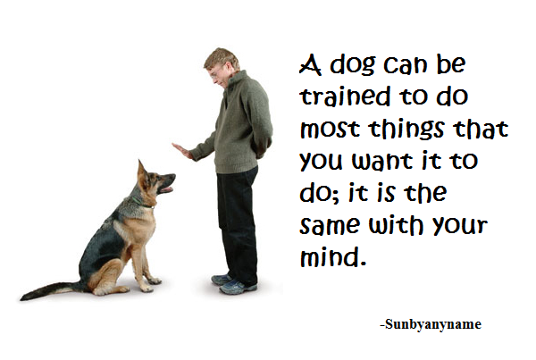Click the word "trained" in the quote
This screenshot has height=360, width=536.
[x=345, y=96]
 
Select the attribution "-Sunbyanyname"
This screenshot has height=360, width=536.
[x=431, y=324]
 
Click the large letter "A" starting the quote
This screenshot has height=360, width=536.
[x=310, y=64]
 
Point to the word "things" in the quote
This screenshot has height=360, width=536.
[x=406, y=130]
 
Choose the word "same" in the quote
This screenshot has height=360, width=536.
[x=331, y=226]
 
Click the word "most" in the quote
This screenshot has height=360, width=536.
[x=330, y=129]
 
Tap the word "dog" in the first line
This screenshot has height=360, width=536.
[x=353, y=66]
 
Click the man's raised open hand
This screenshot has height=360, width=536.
[x=183, y=151]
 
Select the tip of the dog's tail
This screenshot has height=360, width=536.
[x=22, y=298]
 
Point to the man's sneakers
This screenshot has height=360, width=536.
[x=233, y=284]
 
